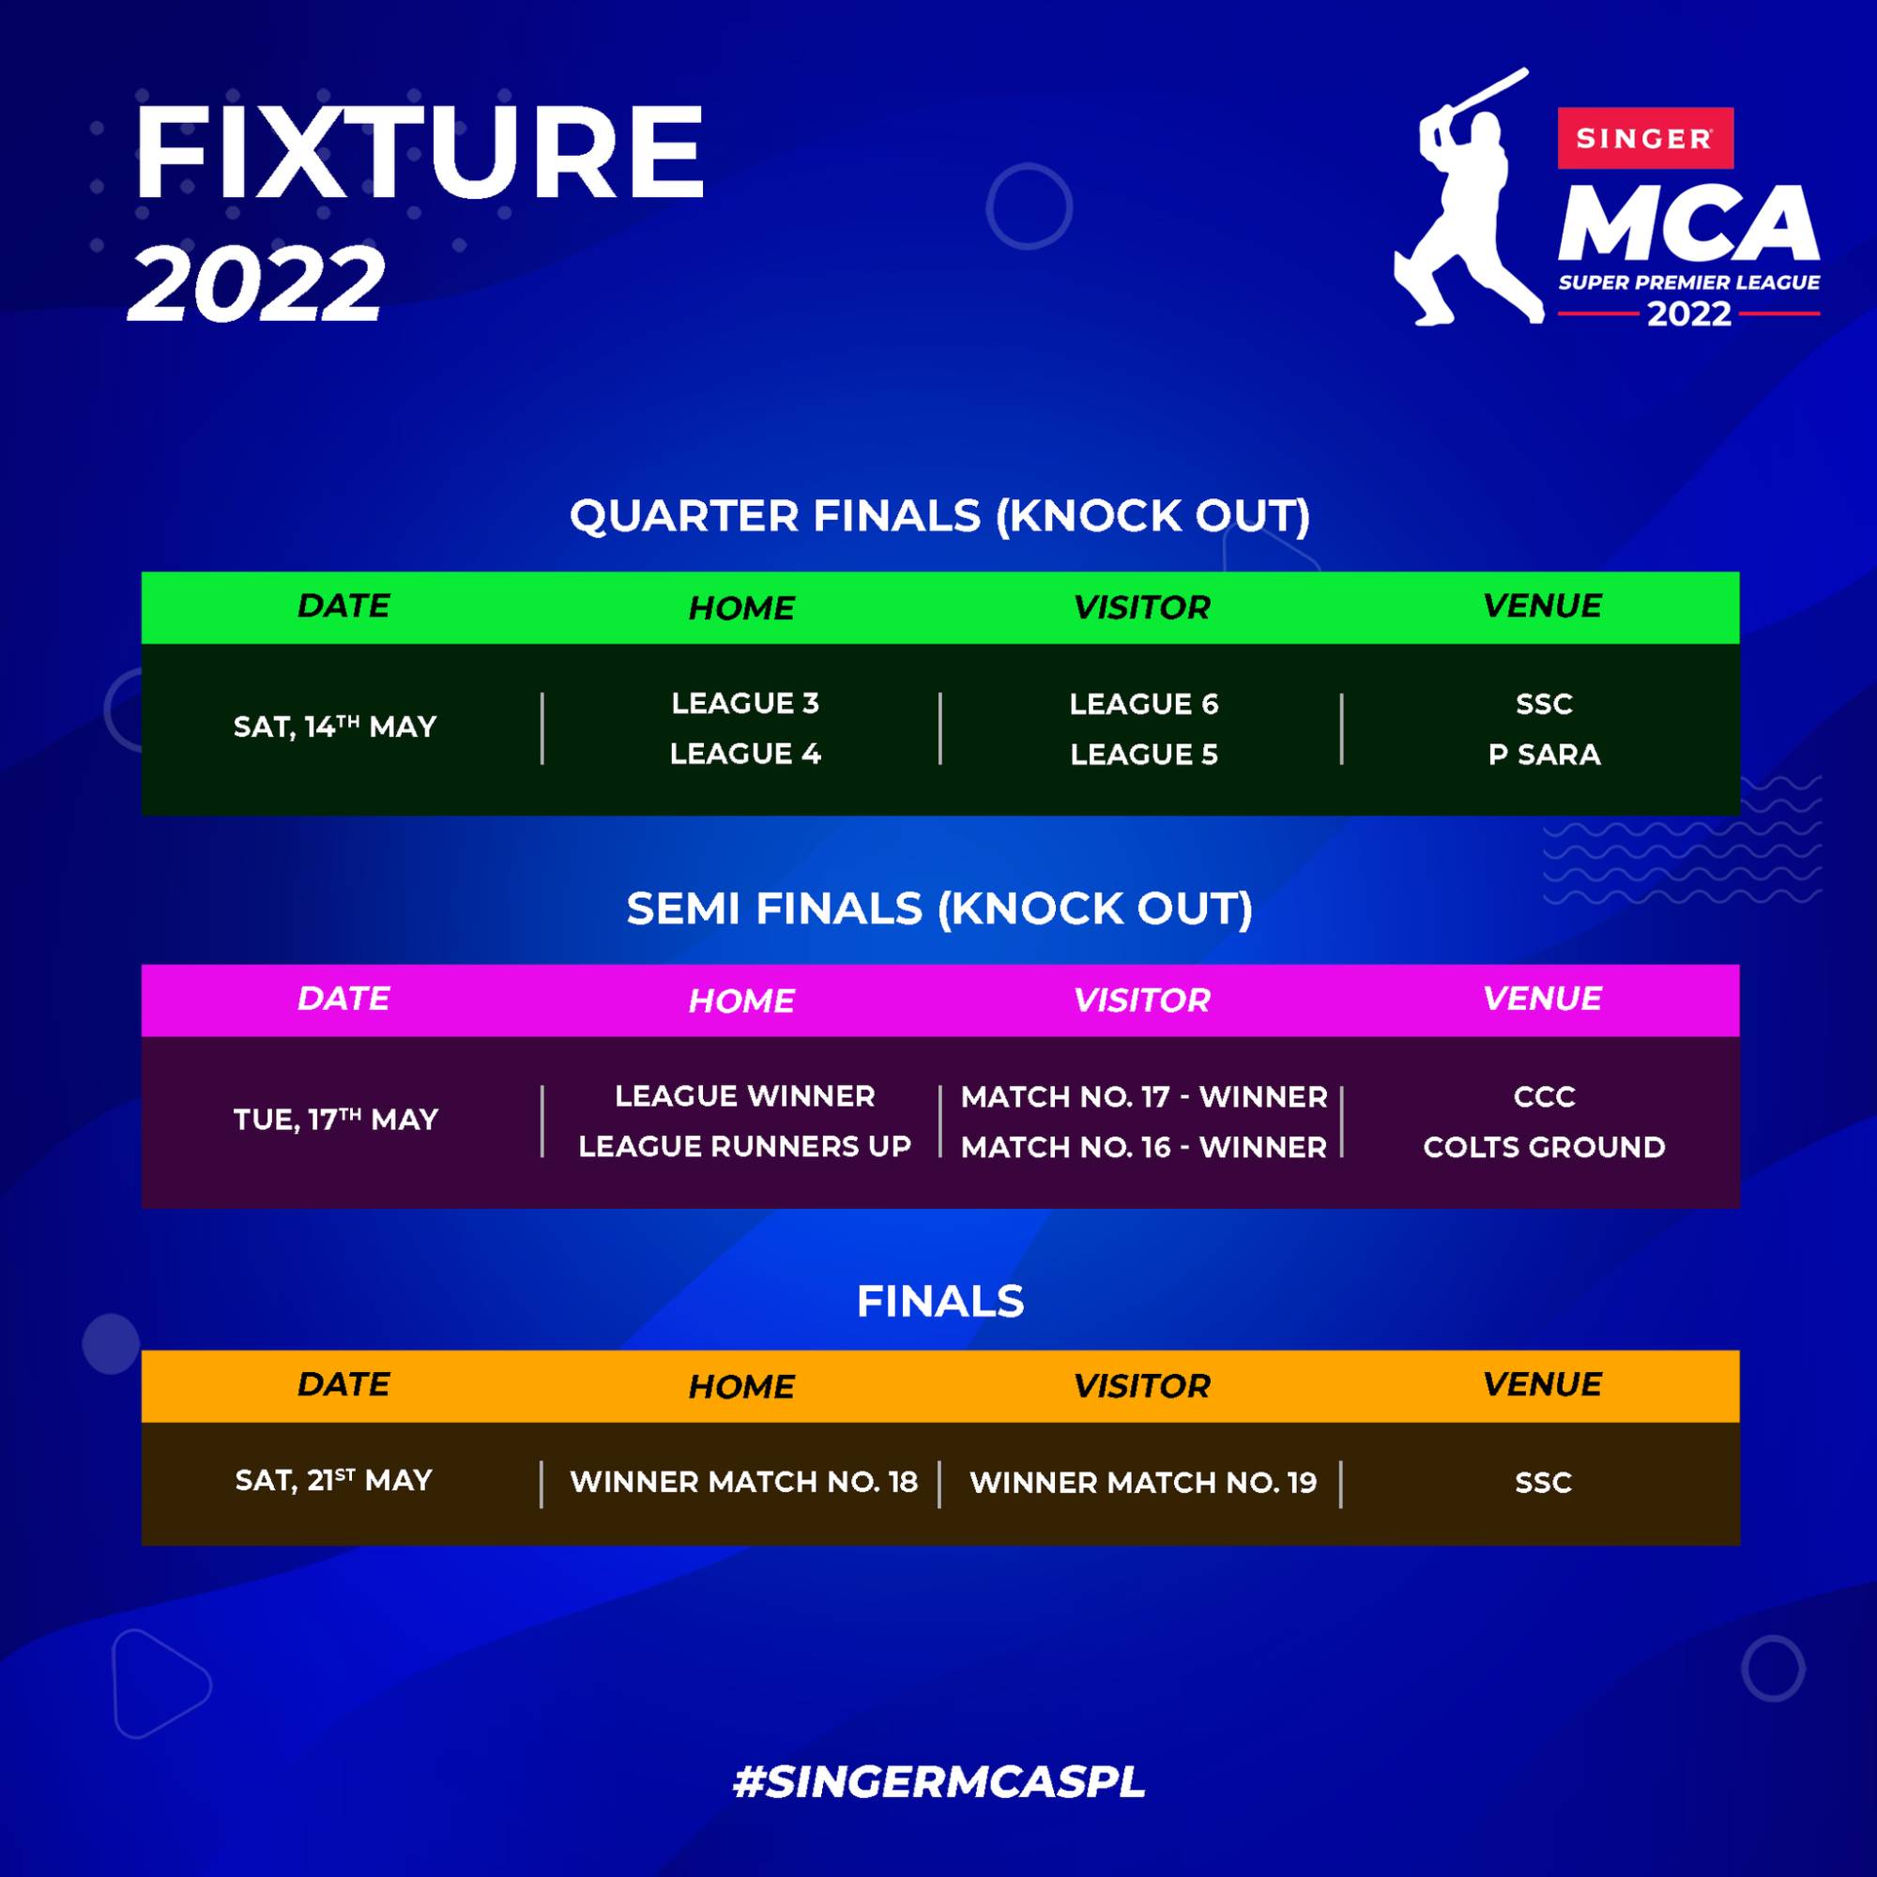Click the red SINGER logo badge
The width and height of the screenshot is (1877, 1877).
[1645, 138]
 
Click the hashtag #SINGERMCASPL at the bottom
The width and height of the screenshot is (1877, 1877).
[939, 1781]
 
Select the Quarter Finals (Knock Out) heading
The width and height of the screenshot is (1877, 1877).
[939, 515]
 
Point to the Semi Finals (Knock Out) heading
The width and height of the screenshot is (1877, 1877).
[939, 908]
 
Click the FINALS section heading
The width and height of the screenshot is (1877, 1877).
[939, 1301]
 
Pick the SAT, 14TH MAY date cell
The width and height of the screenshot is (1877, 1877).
[335, 725]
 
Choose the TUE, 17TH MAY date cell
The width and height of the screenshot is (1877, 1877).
[335, 1120]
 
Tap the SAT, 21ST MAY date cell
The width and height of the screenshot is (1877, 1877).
[333, 1480]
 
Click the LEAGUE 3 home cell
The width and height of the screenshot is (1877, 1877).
[745, 702]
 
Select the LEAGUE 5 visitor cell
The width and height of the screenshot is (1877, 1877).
[1143, 754]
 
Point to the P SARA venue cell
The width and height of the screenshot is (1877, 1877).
[1544, 754]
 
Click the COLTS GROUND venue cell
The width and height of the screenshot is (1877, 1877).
[1544, 1147]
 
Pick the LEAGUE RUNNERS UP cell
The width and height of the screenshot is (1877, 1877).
[744, 1147]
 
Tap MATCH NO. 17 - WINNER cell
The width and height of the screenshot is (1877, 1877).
[1143, 1096]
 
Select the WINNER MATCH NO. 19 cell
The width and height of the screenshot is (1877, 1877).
[1142, 1482]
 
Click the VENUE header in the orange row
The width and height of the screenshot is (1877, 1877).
[1542, 1383]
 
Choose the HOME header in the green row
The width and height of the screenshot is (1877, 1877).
[741, 607]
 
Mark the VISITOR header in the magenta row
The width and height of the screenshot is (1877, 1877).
[1141, 1000]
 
